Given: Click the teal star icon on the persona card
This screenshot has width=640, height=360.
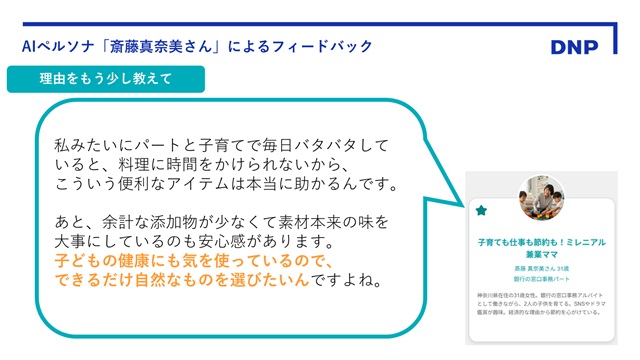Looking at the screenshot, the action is point(481,211).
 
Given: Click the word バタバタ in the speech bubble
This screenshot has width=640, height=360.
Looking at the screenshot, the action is point(307,145).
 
